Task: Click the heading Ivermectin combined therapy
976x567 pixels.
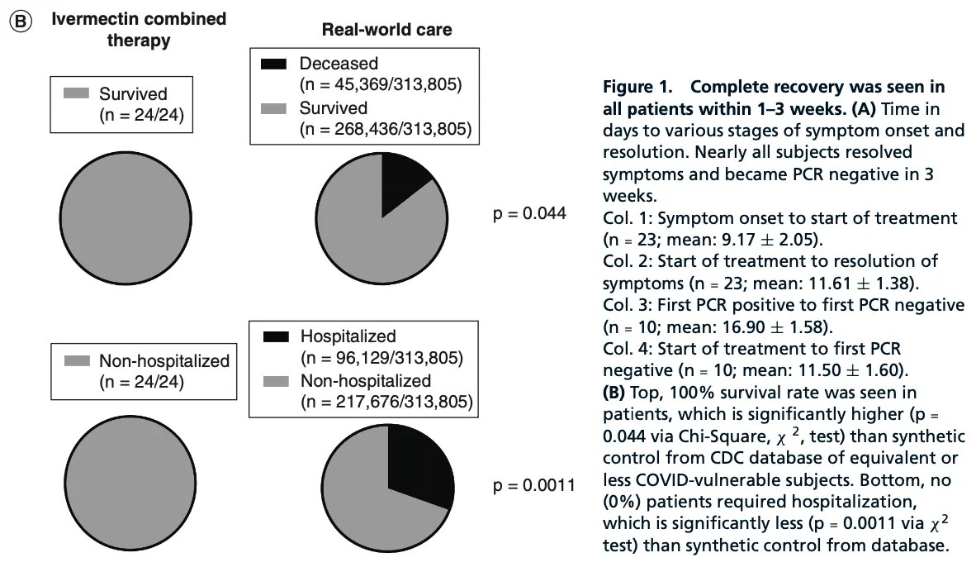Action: click(x=139, y=29)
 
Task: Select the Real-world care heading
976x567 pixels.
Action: click(x=386, y=30)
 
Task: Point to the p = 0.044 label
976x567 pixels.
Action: click(x=529, y=214)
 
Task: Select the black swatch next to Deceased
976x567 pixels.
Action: click(x=273, y=64)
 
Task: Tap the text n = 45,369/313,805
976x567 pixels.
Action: click(x=380, y=84)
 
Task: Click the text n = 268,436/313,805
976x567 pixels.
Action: click(x=384, y=129)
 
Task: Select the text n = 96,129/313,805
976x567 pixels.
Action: click(x=381, y=358)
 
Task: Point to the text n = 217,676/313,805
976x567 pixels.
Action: click(x=385, y=403)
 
